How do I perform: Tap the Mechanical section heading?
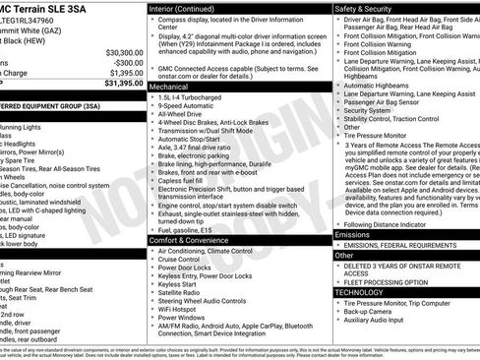pos(169,87)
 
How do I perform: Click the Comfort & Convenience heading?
pos(189,240)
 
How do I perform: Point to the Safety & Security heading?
pos(364,7)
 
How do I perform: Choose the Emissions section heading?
pos(353,235)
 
